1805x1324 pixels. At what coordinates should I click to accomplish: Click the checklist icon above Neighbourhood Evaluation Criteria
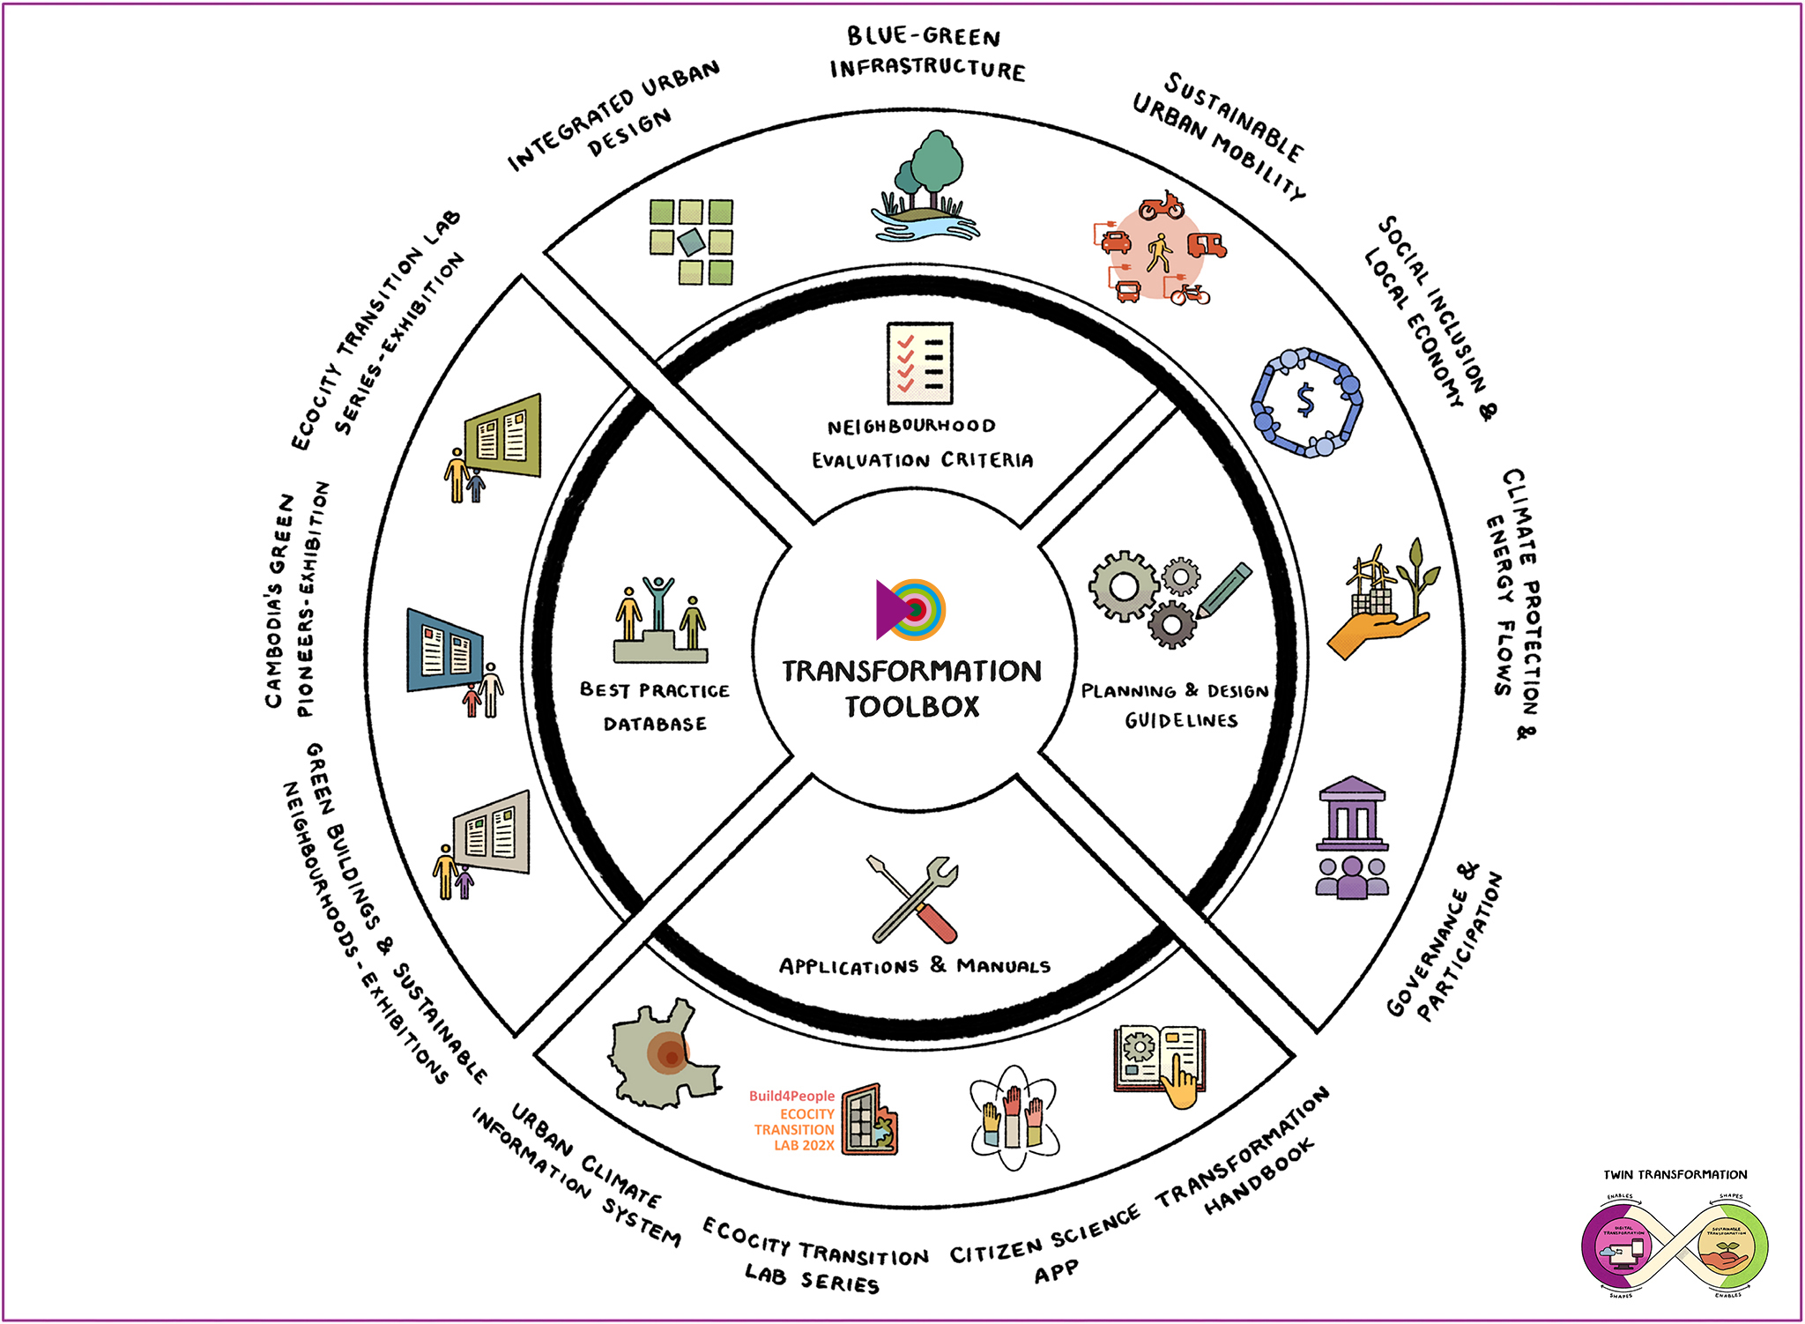pyautogui.click(x=920, y=363)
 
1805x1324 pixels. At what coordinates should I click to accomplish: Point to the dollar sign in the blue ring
pyautogui.click(x=1306, y=401)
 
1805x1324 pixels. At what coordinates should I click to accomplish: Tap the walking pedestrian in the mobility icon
pyautogui.click(x=1159, y=253)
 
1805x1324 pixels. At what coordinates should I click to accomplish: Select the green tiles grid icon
pyautogui.click(x=692, y=241)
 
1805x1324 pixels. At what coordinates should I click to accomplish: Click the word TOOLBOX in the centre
pyautogui.click(x=912, y=707)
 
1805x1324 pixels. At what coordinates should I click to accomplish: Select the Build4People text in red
pyautogui.click(x=791, y=1096)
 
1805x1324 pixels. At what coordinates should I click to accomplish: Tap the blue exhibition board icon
pyautogui.click(x=445, y=651)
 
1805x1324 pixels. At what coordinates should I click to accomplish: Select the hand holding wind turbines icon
pyautogui.click(x=1383, y=599)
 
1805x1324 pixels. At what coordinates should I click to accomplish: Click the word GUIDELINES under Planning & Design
pyautogui.click(x=1181, y=721)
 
